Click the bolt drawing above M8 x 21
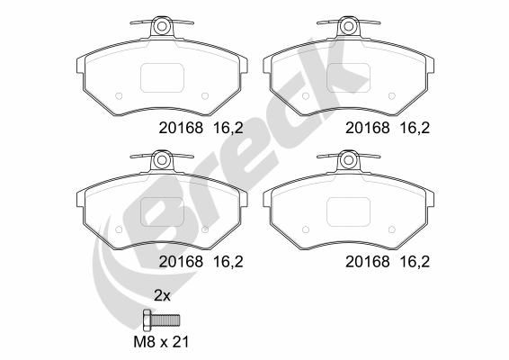tap(163, 319)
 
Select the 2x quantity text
tap(162, 295)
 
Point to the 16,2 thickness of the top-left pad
tap(229, 128)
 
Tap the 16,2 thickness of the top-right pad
tap(415, 128)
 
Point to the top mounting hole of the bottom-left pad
tap(163, 160)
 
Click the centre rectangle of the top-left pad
tap(163, 77)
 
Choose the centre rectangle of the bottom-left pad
tap(163, 212)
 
